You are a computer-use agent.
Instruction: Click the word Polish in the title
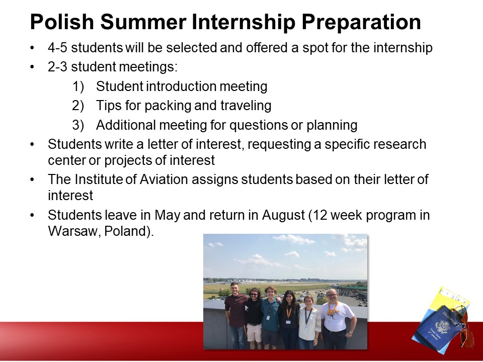click(61, 22)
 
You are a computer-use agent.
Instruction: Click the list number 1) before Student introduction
click(78, 86)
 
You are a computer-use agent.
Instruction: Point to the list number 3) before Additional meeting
click(78, 125)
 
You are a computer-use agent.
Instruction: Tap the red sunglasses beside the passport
click(464, 326)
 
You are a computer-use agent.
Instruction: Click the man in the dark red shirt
click(235, 316)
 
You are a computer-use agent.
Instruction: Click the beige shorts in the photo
click(254, 333)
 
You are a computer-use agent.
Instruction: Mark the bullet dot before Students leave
click(32, 215)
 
